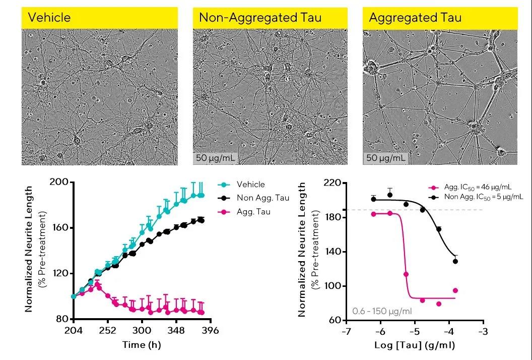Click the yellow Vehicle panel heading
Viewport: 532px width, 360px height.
pyautogui.click(x=49, y=18)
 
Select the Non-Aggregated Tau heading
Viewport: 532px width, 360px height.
pyautogui.click(x=260, y=18)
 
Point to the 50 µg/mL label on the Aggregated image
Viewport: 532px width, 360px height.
pyautogui.click(x=386, y=158)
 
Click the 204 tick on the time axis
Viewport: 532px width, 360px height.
pyautogui.click(x=74, y=330)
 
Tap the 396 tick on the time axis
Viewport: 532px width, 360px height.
pyautogui.click(x=210, y=330)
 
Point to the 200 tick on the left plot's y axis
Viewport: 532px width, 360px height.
pyautogui.click(x=60, y=182)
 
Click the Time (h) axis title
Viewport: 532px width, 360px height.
pyautogui.click(x=142, y=345)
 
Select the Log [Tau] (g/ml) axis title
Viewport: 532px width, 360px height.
pyautogui.click(x=415, y=346)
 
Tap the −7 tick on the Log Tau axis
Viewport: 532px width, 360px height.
pyautogui.click(x=346, y=332)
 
